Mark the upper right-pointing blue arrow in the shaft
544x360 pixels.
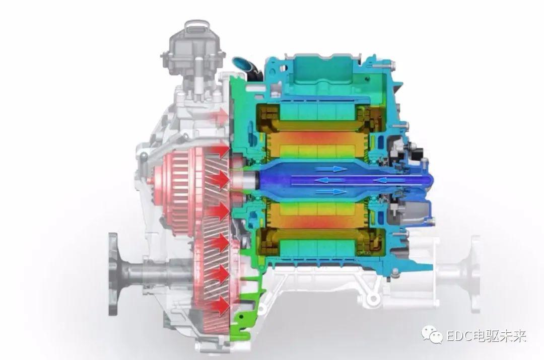point(331,169)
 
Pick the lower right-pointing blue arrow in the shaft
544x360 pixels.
point(331,191)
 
